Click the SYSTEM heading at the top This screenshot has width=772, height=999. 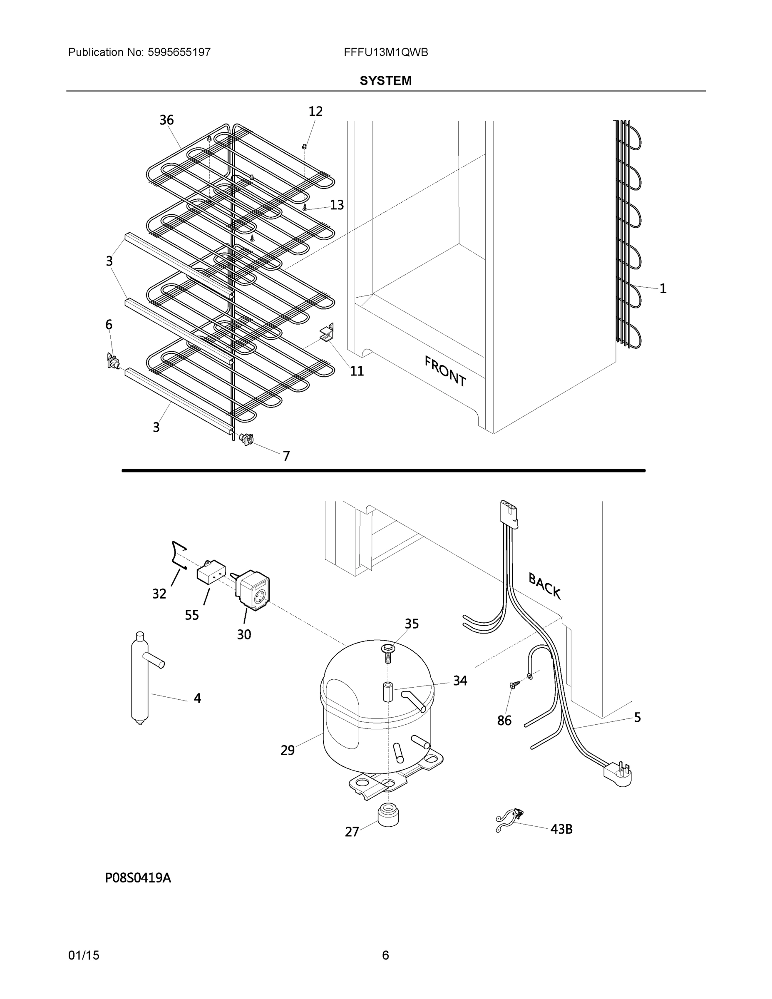(x=385, y=81)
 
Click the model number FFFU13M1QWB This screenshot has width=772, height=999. (x=385, y=52)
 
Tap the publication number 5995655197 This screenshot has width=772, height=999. (x=179, y=52)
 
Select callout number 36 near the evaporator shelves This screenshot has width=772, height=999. (x=166, y=120)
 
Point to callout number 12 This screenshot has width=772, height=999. (x=315, y=111)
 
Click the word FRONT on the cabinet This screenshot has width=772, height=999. (x=445, y=371)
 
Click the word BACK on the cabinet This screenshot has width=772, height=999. (x=544, y=586)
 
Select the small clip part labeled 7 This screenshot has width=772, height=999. (x=248, y=439)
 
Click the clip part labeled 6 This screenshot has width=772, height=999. (x=112, y=361)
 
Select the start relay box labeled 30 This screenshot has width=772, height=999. (x=253, y=590)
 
